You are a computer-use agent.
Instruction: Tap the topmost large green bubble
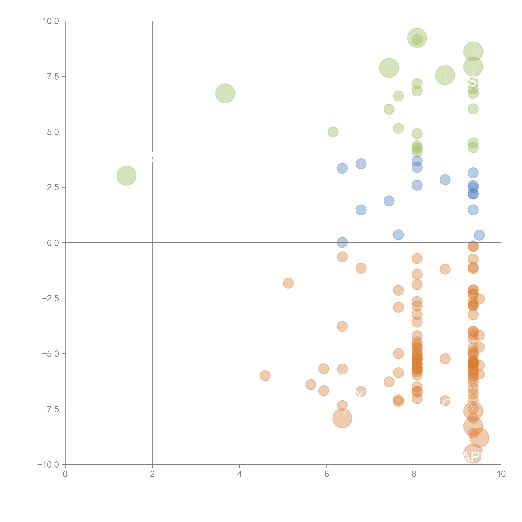click(x=417, y=38)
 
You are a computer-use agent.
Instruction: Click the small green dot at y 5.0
click(x=333, y=132)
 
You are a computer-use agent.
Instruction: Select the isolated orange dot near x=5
click(x=288, y=283)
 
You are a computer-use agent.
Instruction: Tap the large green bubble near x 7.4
click(x=389, y=68)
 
